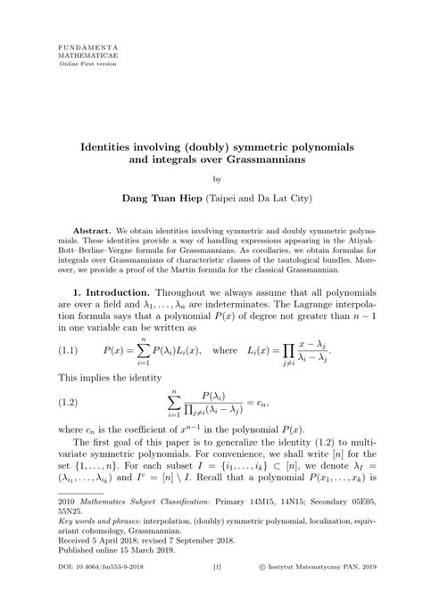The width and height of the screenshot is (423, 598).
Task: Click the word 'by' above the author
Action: (x=211, y=189)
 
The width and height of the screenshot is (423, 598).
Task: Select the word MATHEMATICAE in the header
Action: (x=81, y=53)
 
